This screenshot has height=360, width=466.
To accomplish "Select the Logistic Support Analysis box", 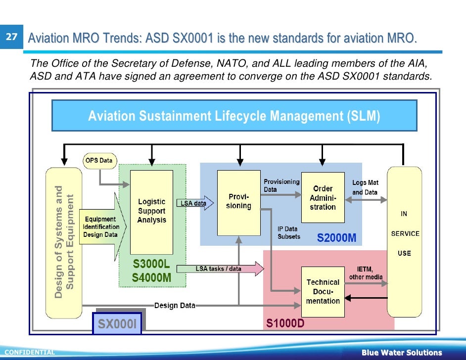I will pyautogui.click(x=151, y=212).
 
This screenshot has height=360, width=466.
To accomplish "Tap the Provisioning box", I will pyautogui.click(x=238, y=202).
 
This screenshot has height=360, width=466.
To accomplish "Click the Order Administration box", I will pyautogui.click(x=323, y=198).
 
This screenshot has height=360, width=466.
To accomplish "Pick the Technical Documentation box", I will pyautogui.click(x=323, y=291).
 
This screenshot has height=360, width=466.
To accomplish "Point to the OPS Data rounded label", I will pyautogui.click(x=99, y=161).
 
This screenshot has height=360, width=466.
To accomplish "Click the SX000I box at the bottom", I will pyautogui.click(x=117, y=324).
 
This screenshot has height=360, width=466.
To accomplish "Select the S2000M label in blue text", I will pyautogui.click(x=336, y=238).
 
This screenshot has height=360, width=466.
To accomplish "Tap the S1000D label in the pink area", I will pyautogui.click(x=285, y=324).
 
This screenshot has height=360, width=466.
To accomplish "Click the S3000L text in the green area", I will pyautogui.click(x=151, y=265).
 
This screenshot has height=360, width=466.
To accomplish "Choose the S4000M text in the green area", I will pyautogui.click(x=151, y=278).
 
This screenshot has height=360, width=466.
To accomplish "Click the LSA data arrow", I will pyautogui.click(x=195, y=203).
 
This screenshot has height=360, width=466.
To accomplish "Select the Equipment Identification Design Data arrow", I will pyautogui.click(x=101, y=226).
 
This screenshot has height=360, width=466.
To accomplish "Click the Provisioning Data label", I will pyautogui.click(x=281, y=185).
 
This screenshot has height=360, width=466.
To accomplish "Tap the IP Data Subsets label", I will pyautogui.click(x=288, y=232).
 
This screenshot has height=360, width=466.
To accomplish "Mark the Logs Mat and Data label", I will pyautogui.click(x=365, y=187).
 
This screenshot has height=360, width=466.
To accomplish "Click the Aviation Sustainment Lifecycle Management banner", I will pyautogui.click(x=234, y=116).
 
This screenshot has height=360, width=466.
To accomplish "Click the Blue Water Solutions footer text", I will pyautogui.click(x=401, y=353).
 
